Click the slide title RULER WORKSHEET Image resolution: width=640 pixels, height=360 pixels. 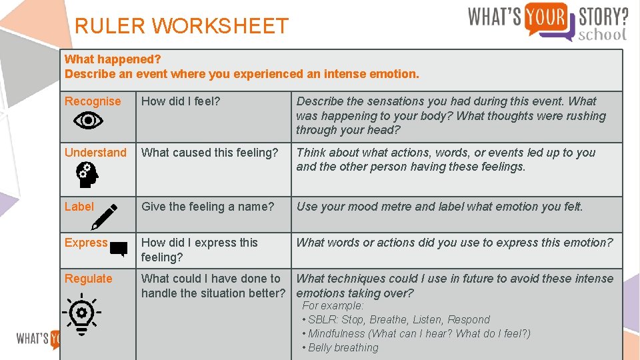(181, 26)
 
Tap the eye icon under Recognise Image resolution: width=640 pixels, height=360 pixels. (88, 121)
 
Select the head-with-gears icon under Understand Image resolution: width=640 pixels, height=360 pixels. (87, 175)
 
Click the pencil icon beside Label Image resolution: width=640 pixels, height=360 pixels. (104, 217)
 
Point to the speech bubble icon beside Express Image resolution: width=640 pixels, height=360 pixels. (119, 249)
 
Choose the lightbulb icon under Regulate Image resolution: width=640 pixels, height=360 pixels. (82, 313)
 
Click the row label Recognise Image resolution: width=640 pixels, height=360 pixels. (93, 101)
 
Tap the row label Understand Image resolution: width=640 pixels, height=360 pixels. (95, 153)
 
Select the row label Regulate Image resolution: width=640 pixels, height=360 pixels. (88, 279)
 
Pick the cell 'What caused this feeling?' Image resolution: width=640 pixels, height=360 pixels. (209, 153)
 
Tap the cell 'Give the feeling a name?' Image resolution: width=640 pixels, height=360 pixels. (207, 207)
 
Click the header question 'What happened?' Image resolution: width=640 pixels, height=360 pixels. (113, 59)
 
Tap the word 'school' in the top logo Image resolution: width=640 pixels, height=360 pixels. (603, 34)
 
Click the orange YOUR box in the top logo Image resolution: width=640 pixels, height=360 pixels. (545, 17)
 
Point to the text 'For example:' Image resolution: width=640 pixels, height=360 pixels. (333, 305)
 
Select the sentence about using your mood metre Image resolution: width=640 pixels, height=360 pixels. (439, 207)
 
